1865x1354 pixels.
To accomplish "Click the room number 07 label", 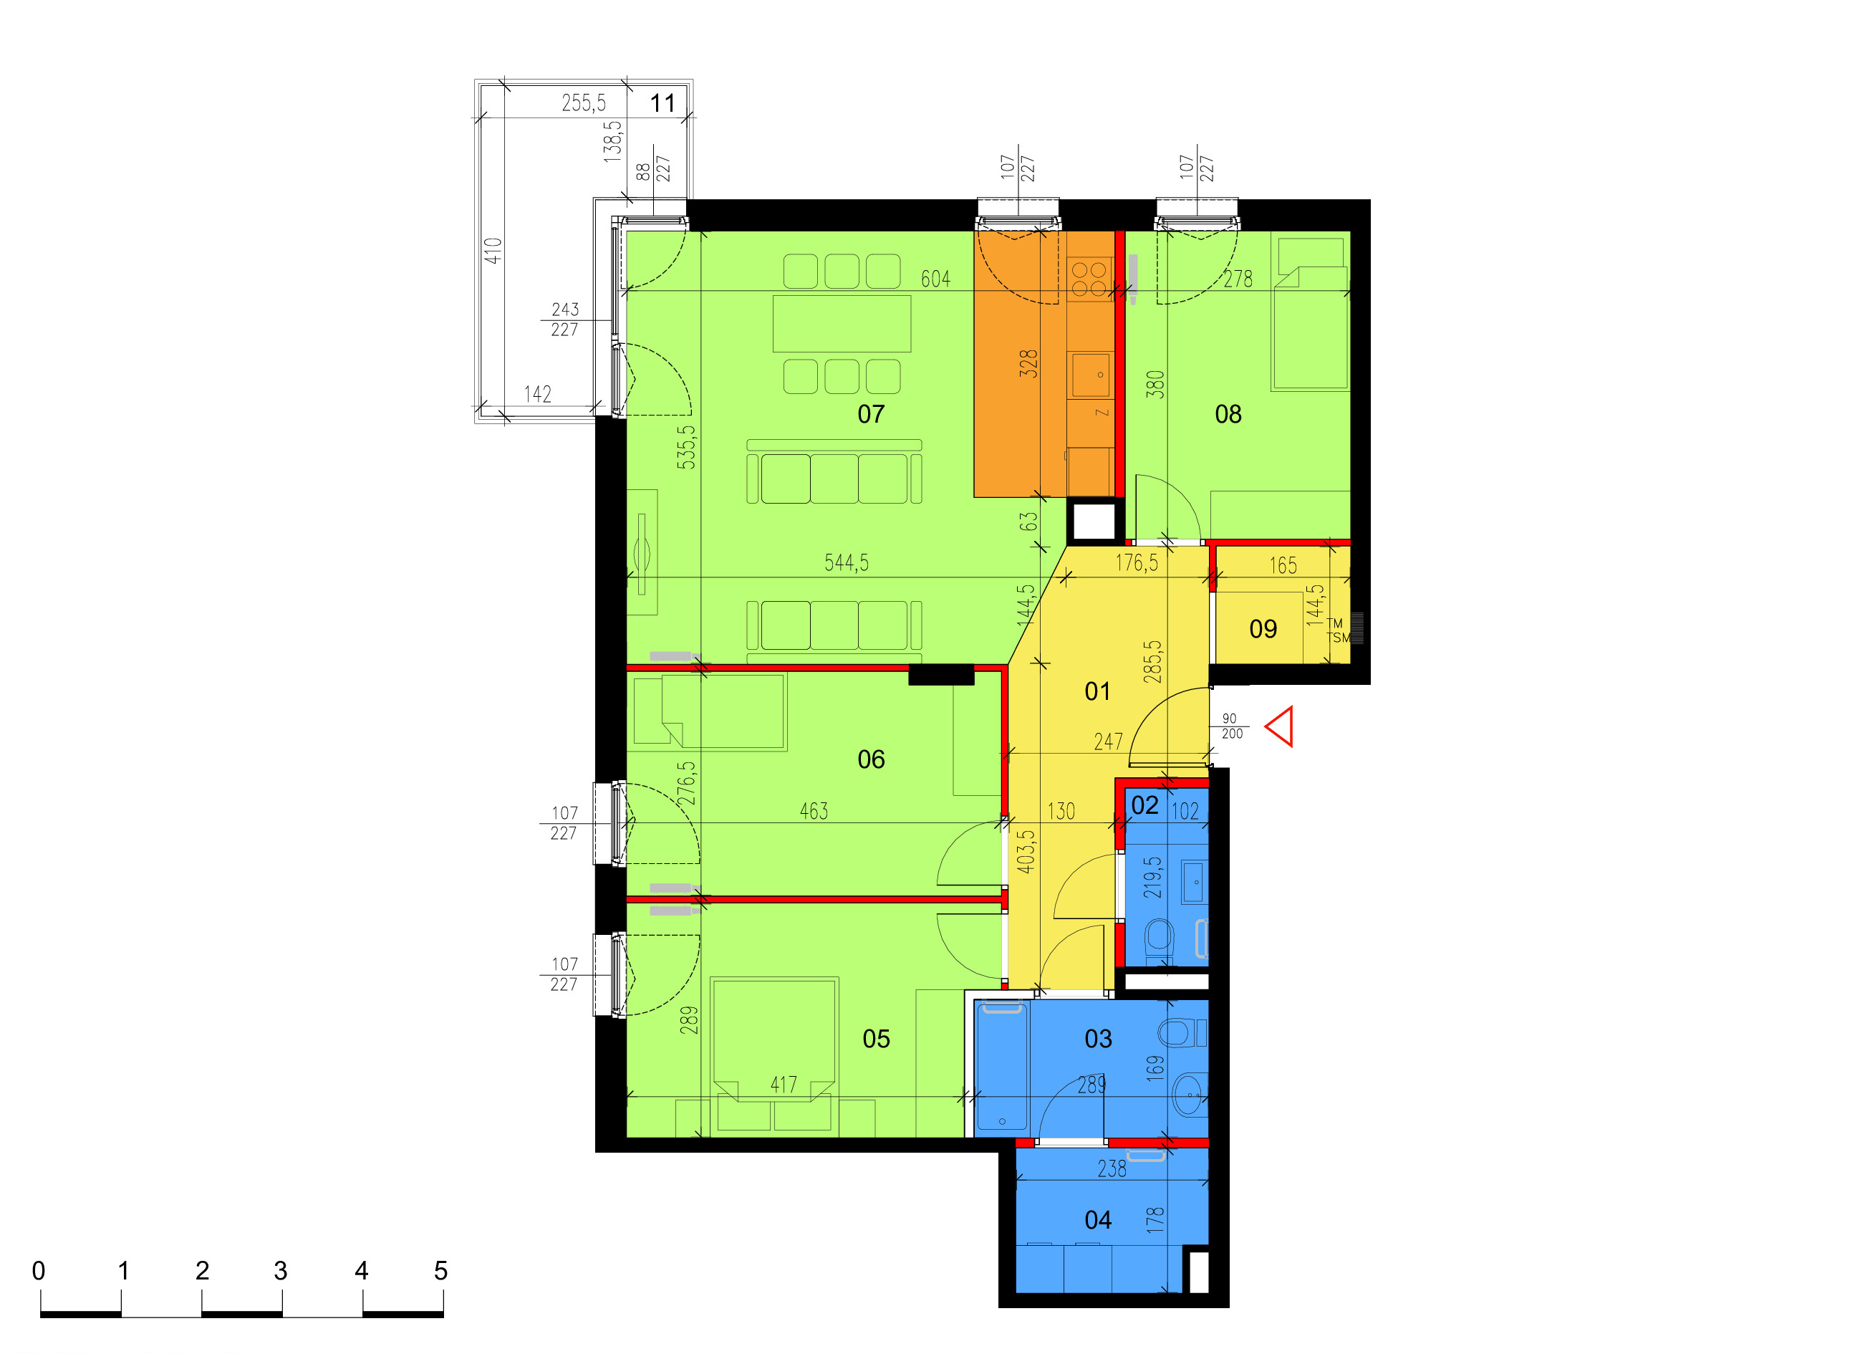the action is pos(871,414).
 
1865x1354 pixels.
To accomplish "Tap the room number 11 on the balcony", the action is pos(662,103).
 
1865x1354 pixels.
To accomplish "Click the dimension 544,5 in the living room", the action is pos(846,562).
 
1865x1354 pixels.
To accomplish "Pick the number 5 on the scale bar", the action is pos(440,1271).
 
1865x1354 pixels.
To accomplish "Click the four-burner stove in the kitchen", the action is pos(1089,279).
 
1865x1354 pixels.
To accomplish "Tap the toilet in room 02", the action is pos(1160,937).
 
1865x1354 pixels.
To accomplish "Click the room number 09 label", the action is pos(1263,629).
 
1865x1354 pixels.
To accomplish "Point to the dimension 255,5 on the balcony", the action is pos(583,103).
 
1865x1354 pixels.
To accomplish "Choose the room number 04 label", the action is pos(1098,1220).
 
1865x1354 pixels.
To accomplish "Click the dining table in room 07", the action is pos(842,323).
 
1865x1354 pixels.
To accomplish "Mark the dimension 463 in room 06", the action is pos(814,811).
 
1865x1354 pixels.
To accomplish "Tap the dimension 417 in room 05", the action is pos(783,1085).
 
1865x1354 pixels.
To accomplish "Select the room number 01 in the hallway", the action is pos(1097,691).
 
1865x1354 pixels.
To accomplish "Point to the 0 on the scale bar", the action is pos(39,1271).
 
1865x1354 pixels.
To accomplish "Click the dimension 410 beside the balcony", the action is pos(493,251).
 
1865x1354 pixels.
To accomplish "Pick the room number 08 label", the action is pos(1228,414).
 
